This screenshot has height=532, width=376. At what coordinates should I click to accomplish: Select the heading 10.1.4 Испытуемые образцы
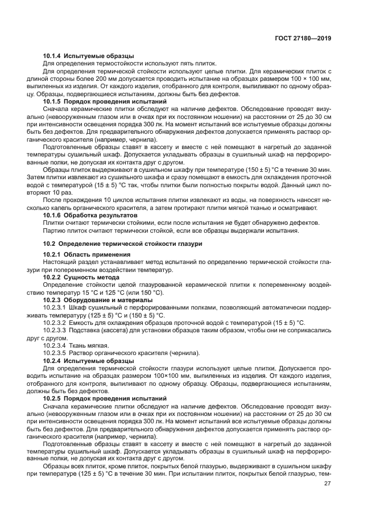tap(88, 56)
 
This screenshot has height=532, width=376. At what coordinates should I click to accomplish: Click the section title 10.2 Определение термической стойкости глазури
tap(123, 244)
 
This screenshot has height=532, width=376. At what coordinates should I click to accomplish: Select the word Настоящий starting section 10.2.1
tap(59, 262)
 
